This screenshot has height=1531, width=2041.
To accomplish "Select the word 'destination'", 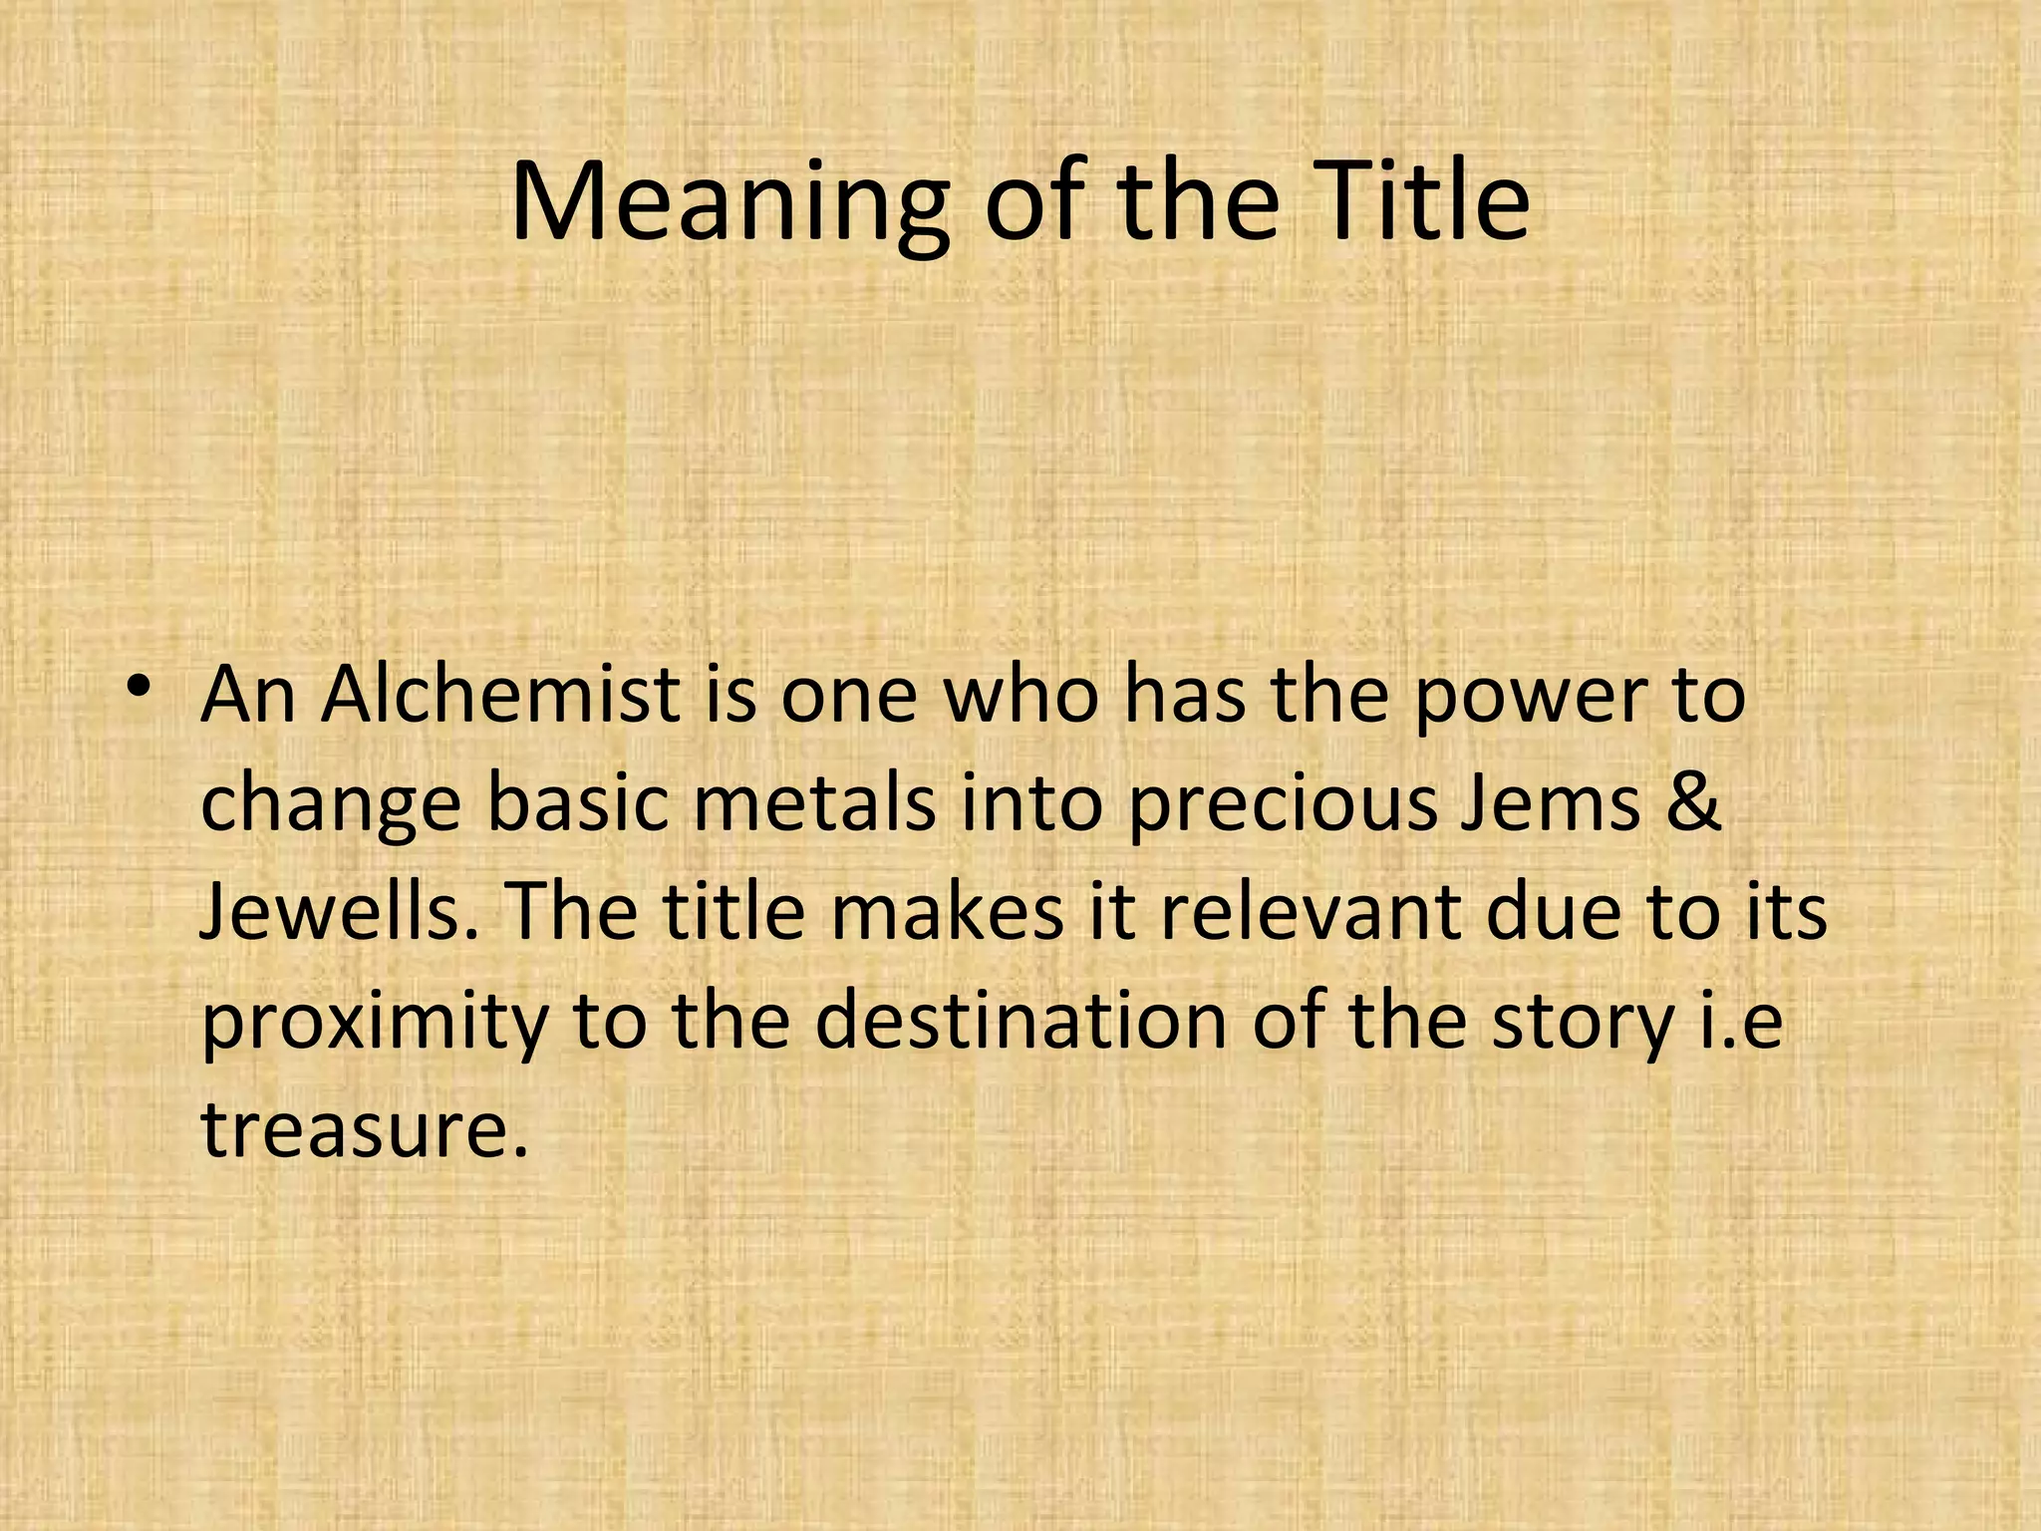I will [x=1020, y=1021].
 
